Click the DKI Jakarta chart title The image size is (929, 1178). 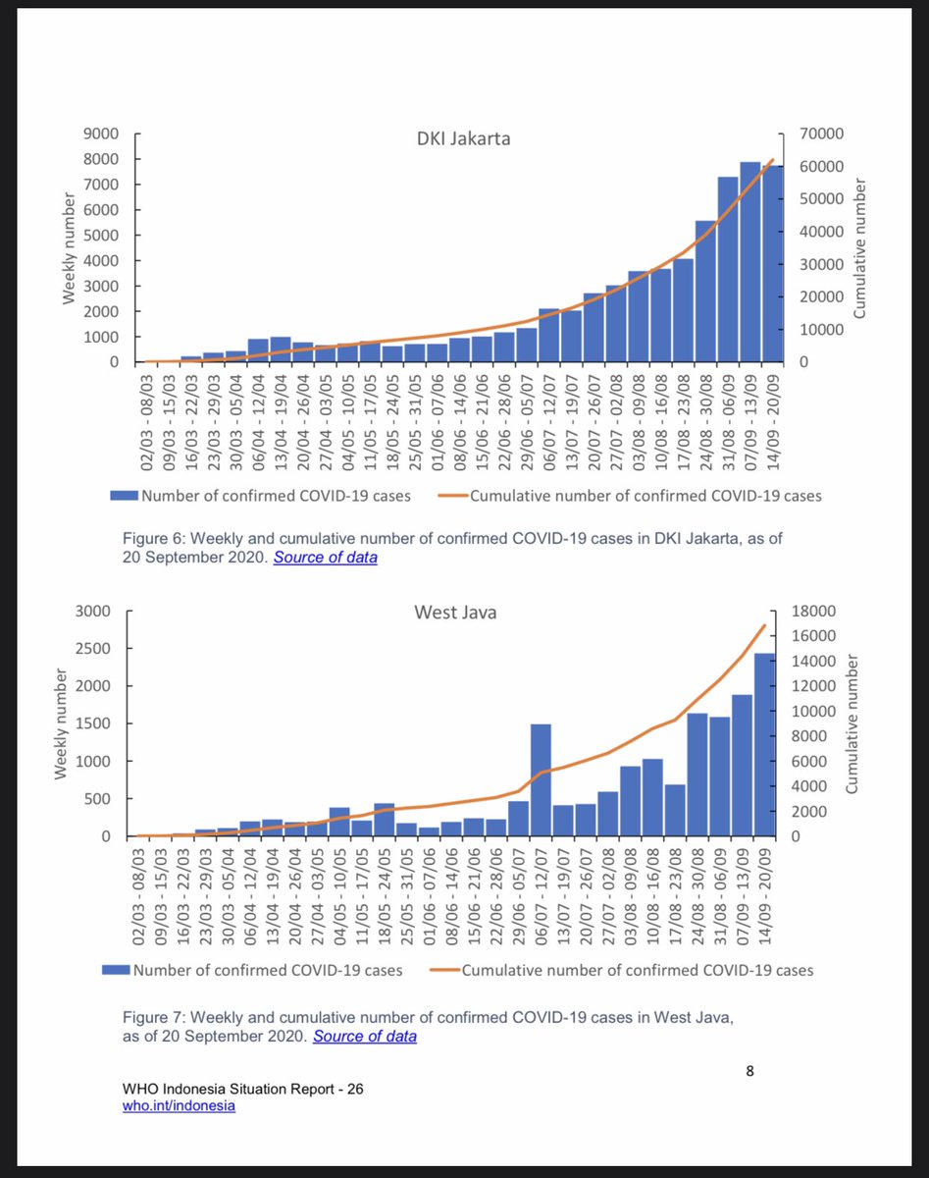pos(464,138)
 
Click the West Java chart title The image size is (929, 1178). pos(455,613)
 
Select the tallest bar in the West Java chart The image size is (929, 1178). pos(764,744)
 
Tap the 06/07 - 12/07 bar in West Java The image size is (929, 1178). pos(541,779)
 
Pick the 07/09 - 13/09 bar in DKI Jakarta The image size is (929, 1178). pos(750,262)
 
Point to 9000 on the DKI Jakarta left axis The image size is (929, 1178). pos(100,134)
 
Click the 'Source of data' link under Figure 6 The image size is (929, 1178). pos(325,558)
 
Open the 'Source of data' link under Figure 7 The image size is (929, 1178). pos(364,1036)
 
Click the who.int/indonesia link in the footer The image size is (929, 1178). pos(180,1105)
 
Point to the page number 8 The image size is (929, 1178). pos(749,1071)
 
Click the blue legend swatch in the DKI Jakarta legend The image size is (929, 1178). pos(124,496)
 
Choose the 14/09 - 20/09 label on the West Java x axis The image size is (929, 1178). pos(765,885)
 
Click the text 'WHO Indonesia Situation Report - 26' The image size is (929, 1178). pos(243,1090)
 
